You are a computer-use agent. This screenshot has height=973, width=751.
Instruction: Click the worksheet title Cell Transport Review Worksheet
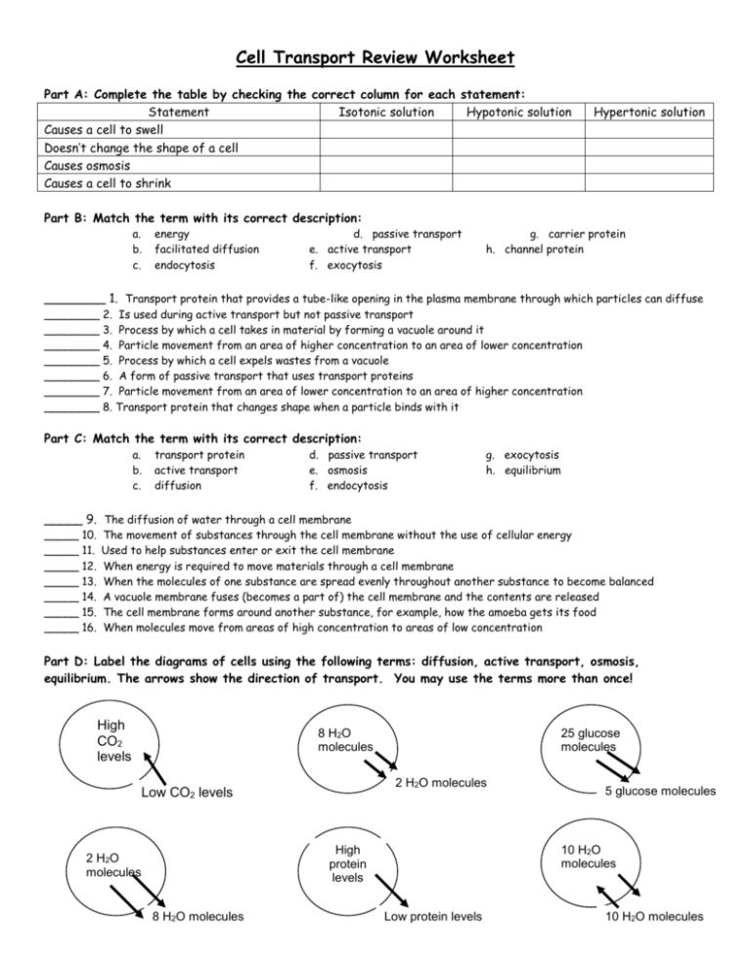click(x=375, y=59)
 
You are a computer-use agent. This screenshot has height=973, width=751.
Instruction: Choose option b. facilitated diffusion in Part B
click(x=195, y=249)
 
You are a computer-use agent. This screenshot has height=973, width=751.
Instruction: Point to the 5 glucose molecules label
click(x=661, y=791)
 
